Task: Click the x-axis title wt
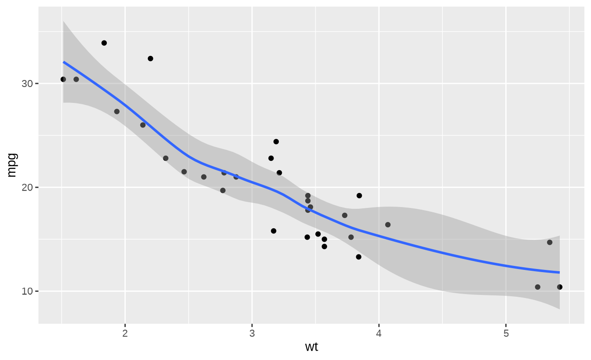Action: (x=311, y=347)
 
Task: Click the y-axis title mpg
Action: (x=12, y=165)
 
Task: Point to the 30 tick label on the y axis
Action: (x=27, y=84)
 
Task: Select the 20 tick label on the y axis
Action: (x=27, y=187)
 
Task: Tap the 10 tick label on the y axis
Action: (x=27, y=291)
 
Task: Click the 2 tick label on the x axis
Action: (x=125, y=334)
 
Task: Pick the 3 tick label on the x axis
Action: (x=252, y=334)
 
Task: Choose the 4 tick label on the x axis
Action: (x=379, y=334)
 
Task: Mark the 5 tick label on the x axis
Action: (x=506, y=334)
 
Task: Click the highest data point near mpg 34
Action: (x=104, y=43)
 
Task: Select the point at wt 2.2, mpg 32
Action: (x=150, y=58)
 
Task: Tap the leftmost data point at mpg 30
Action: (x=63, y=79)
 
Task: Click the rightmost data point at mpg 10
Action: (x=560, y=287)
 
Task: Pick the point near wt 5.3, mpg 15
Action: (x=550, y=242)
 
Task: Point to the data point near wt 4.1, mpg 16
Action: (x=388, y=225)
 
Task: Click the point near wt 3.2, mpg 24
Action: (x=276, y=142)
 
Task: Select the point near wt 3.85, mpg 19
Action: (x=359, y=196)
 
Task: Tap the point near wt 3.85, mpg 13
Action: (x=358, y=257)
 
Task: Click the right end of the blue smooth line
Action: (x=559, y=273)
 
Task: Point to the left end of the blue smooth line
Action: (x=64, y=62)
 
